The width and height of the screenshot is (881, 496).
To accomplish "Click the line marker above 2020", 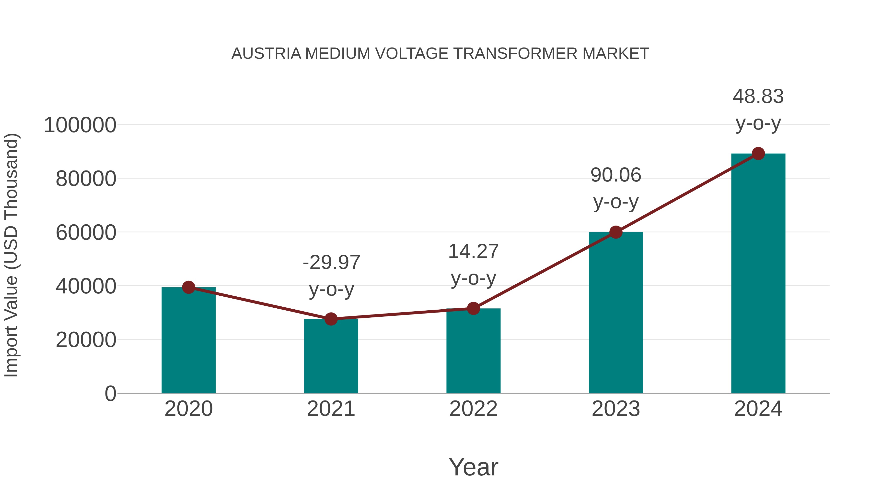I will click(x=188, y=287).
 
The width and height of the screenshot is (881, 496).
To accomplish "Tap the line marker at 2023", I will click(x=616, y=232).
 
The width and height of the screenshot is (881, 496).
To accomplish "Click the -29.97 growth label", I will click(x=331, y=263).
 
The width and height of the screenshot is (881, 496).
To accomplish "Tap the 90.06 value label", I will click(x=616, y=175).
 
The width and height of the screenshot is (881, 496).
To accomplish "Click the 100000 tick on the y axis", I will click(x=80, y=125).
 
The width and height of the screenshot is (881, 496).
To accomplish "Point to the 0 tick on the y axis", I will click(x=110, y=393).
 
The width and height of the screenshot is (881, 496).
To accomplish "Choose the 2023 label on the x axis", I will click(x=616, y=409).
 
